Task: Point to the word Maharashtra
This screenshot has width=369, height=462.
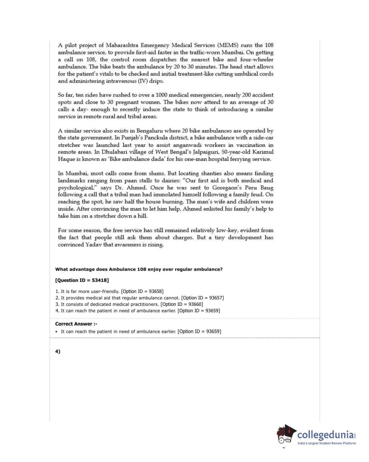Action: pos(122,45)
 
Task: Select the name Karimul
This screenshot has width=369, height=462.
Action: pos(262,152)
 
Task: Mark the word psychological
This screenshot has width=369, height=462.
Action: pos(75,188)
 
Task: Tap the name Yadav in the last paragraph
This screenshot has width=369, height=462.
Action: pos(95,245)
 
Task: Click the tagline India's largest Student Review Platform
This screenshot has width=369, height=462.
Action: pos(327,443)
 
